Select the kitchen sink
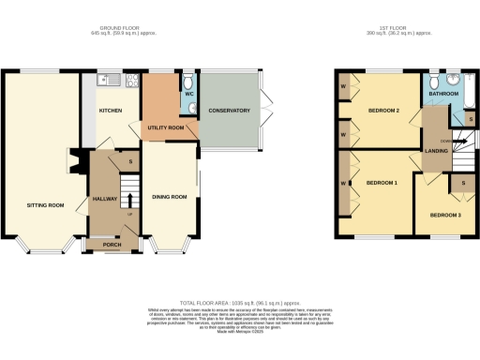[113, 82]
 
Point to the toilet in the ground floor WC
[190, 108]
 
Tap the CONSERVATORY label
[230, 111]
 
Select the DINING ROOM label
[170, 197]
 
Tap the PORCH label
[110, 245]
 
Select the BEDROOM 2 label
[384, 111]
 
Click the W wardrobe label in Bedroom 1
[343, 182]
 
